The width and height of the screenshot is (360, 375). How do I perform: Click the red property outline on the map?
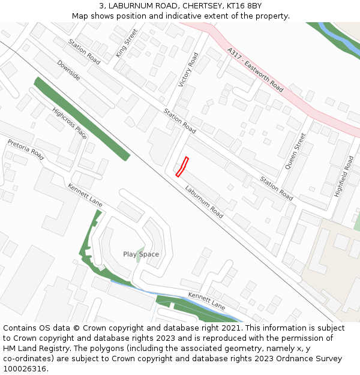[x=182, y=167]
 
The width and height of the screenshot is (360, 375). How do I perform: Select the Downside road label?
[x=68, y=70]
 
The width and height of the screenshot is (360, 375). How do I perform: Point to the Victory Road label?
[x=188, y=70]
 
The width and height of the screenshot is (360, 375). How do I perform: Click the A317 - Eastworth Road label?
[x=256, y=70]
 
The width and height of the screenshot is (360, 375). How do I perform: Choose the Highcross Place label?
[x=70, y=124]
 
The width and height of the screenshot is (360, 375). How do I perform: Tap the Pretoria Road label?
[x=26, y=150]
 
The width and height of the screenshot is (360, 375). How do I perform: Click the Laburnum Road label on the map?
[x=204, y=201]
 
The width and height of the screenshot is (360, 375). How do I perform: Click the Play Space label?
[x=141, y=254]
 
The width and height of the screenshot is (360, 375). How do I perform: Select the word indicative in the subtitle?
[x=176, y=16]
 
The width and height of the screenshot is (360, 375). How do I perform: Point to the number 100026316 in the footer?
[x=25, y=369]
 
